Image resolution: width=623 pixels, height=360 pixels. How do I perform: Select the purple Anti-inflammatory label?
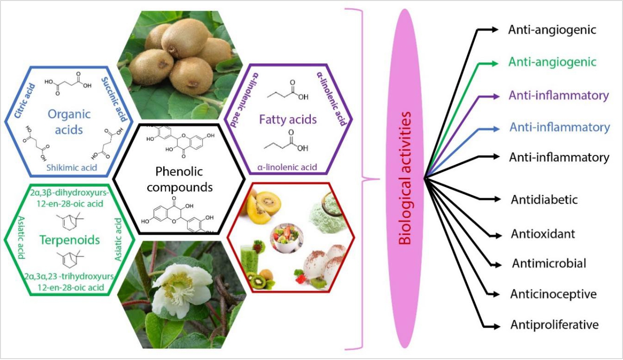tap(559, 96)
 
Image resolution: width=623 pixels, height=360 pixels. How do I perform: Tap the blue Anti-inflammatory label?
tap(559, 127)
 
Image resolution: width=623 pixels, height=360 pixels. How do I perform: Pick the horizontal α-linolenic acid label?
tap(289, 167)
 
